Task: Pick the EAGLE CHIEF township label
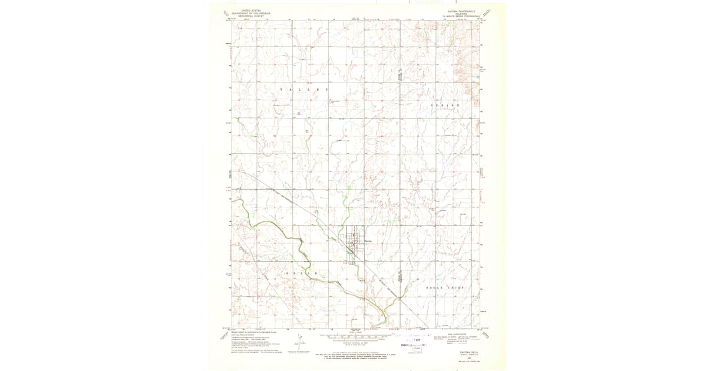[445, 287]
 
